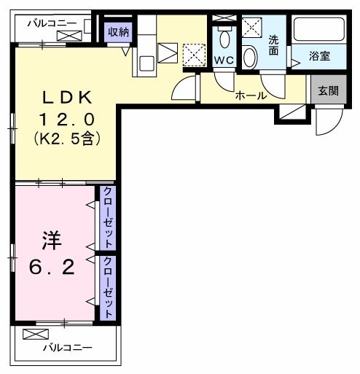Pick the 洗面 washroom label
tap(273, 45)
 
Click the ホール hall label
tap(250, 96)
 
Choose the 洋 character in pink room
tap(50, 239)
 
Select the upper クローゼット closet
tap(106, 217)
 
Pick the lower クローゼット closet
tap(106, 287)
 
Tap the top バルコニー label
tap(52, 23)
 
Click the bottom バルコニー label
tap(66, 349)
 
